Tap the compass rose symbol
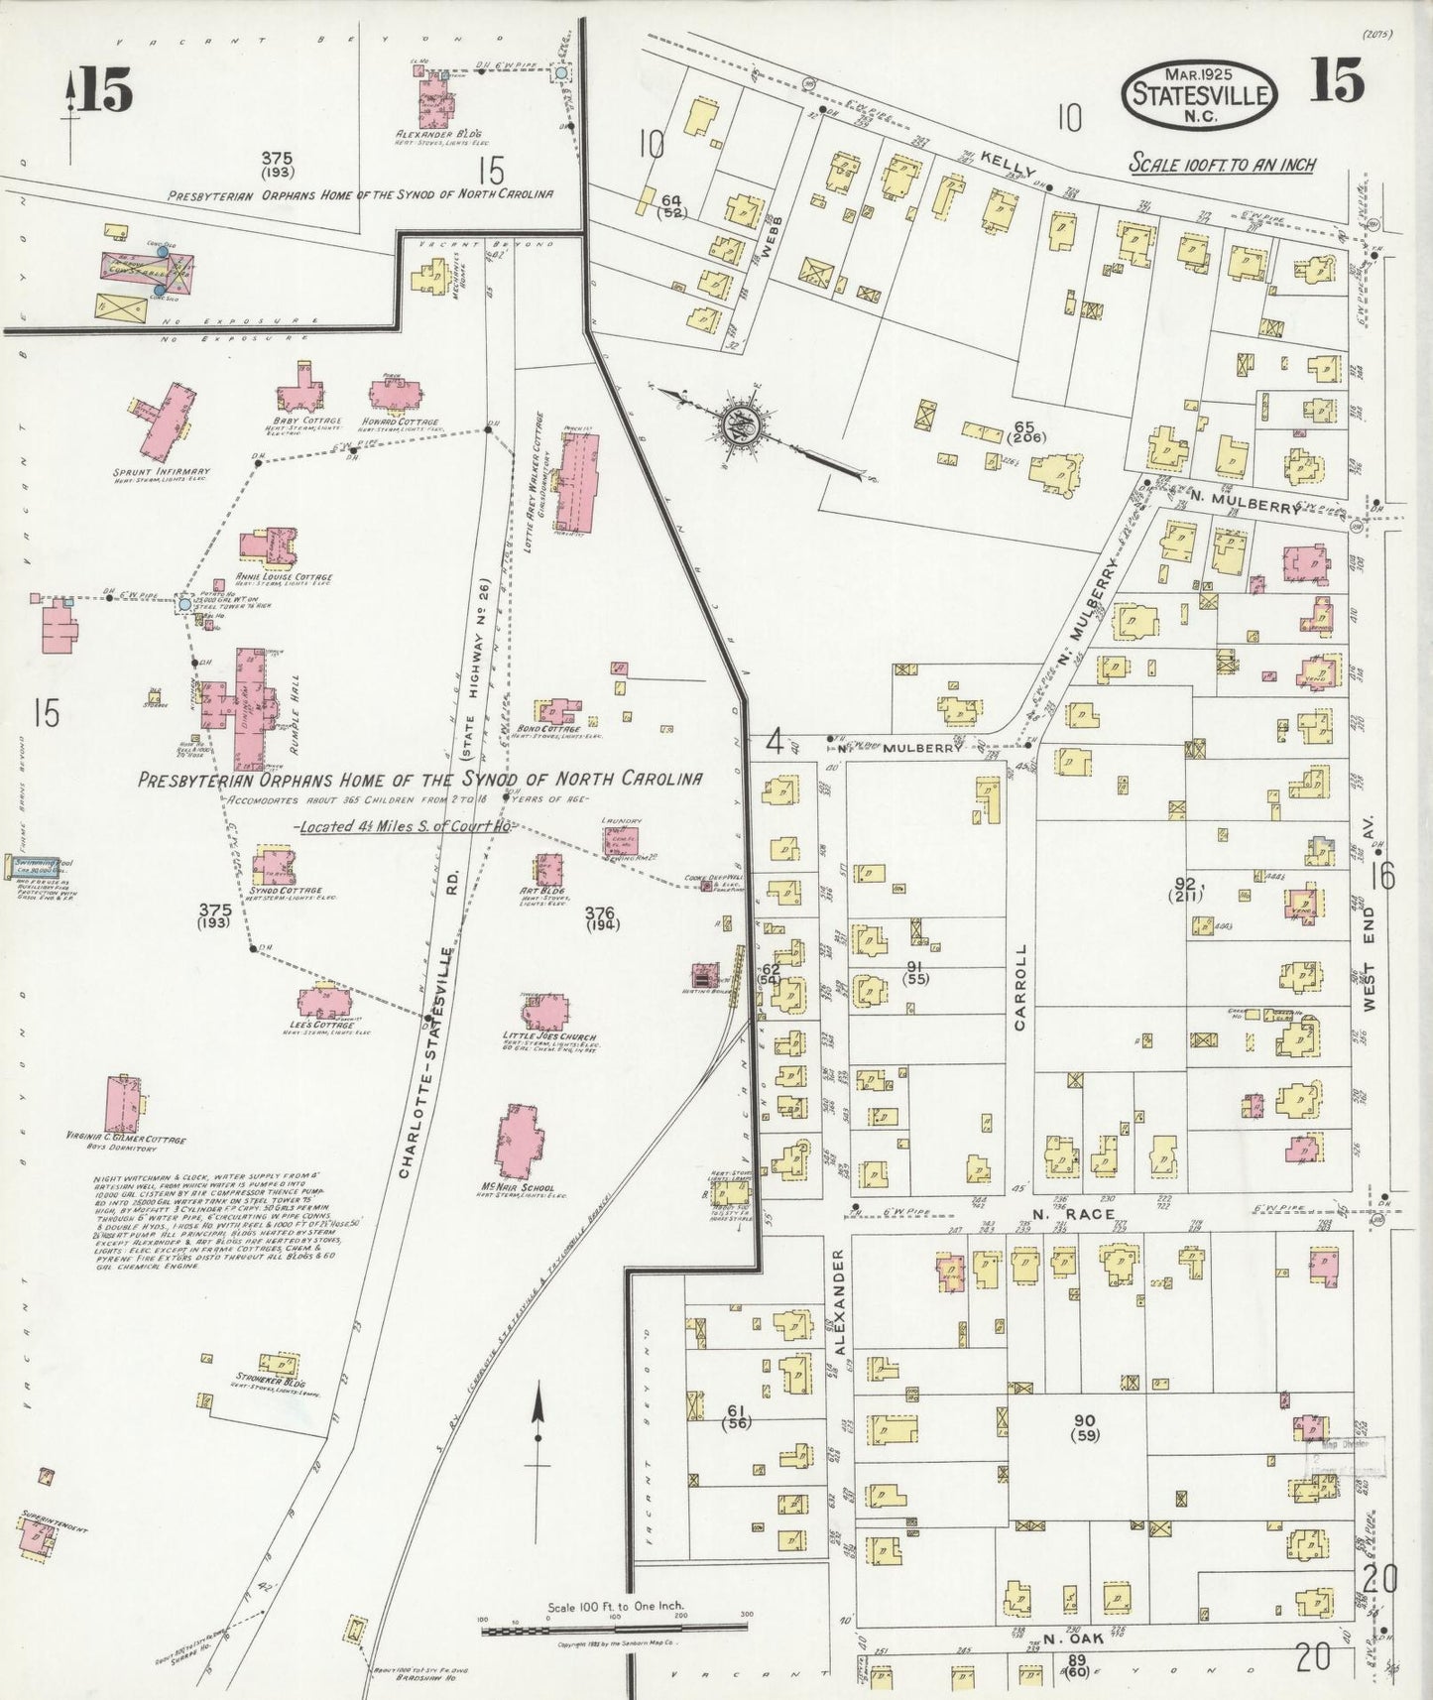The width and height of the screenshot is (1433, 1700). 739,425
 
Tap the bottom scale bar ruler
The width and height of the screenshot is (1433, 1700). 615,1627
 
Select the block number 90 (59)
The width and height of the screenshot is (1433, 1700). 1086,1426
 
